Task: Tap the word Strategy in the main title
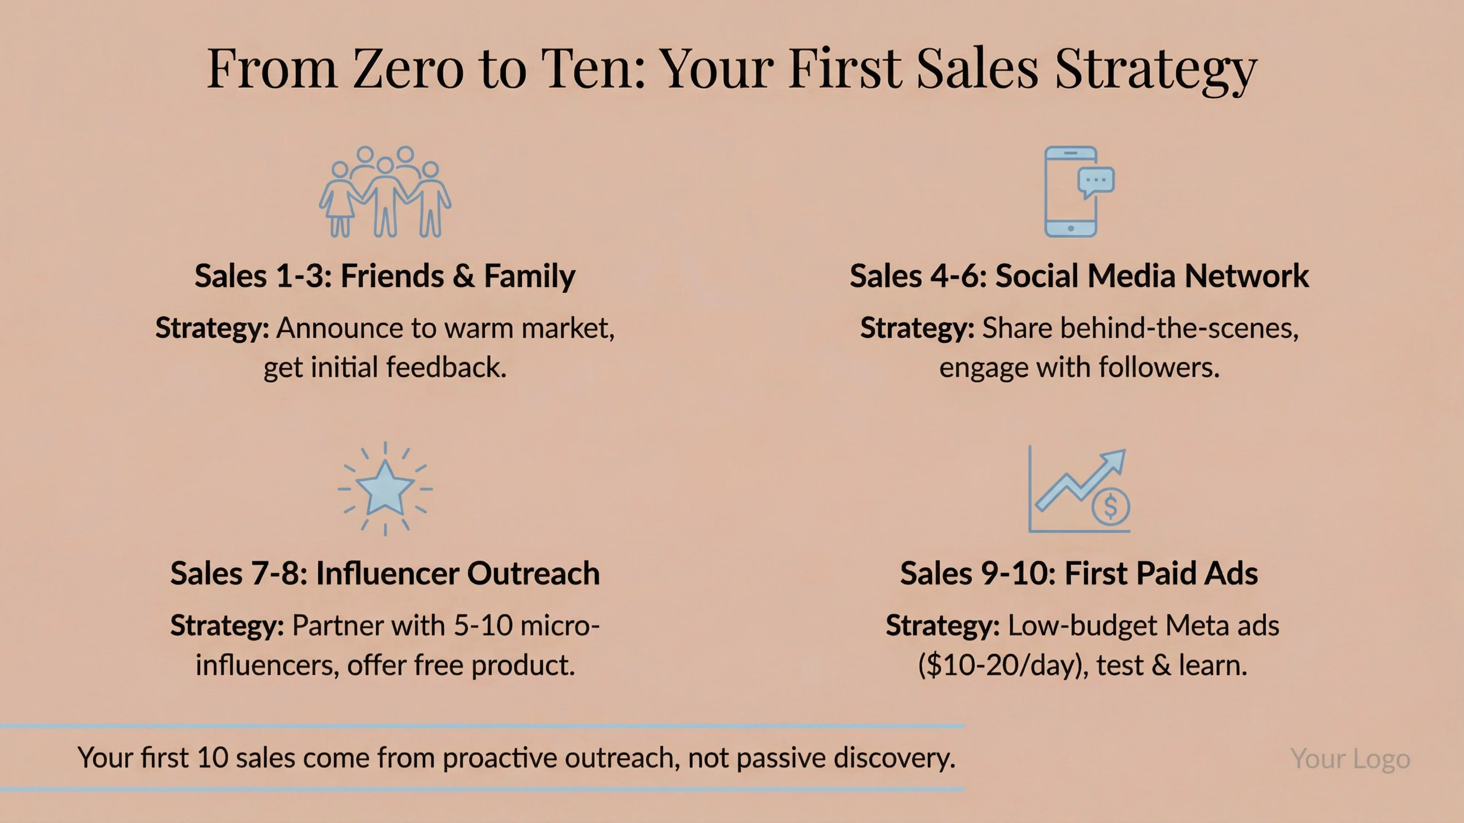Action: [1156, 69]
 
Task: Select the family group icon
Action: [385, 192]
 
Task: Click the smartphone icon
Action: [1071, 192]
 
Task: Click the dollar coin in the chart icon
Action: [1110, 506]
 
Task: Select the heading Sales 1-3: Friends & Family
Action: [385, 276]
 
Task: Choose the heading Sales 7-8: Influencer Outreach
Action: [385, 573]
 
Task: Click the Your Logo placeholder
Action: [1350, 759]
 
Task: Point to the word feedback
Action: [447, 368]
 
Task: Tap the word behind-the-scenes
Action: [1140, 328]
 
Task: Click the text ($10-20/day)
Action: [1004, 665]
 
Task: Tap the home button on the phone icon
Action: [1071, 228]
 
